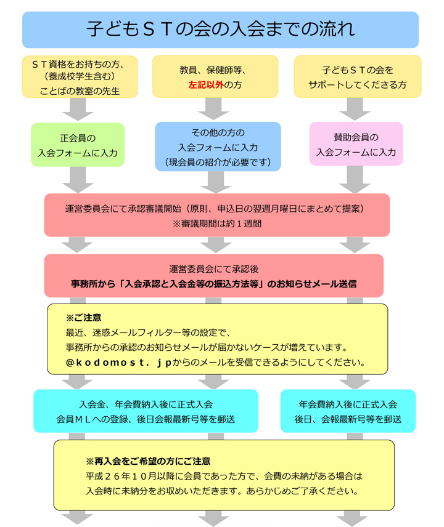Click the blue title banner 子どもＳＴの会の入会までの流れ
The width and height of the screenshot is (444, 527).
(220, 30)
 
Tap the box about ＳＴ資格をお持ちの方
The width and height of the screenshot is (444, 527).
(80, 76)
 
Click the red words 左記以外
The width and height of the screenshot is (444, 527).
(206, 85)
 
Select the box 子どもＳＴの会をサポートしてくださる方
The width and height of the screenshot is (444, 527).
(358, 76)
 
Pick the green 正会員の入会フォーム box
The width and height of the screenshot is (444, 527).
(78, 145)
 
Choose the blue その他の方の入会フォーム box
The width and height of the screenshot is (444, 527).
(218, 147)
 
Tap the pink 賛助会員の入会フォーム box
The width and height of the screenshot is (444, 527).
(356, 144)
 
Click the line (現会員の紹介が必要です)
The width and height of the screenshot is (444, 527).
(218, 163)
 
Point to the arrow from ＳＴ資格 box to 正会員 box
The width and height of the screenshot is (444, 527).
(78, 110)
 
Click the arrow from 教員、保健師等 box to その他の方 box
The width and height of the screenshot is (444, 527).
(213, 109)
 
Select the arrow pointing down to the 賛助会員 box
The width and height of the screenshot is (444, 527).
(355, 109)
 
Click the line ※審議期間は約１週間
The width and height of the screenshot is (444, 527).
(217, 223)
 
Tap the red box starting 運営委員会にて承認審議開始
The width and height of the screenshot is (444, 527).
(217, 215)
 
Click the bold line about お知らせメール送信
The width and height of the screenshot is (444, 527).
(214, 284)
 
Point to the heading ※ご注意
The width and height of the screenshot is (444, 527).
(83, 318)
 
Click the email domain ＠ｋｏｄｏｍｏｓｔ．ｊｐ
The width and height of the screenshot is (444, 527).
(119, 362)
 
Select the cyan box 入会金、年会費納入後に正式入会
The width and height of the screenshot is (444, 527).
(146, 411)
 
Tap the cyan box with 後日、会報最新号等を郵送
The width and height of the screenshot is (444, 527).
(348, 411)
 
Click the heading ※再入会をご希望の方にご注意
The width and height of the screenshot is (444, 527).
(148, 461)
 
